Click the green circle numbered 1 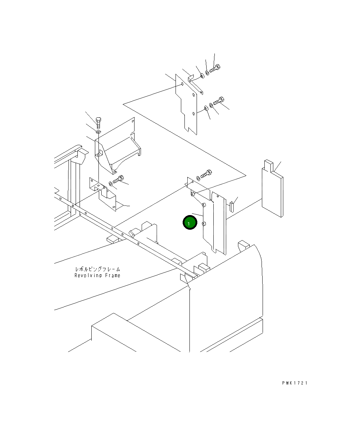coord(189,223)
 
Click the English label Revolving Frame coord(97,275)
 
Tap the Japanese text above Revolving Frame coord(97,269)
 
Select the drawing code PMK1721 coord(294,383)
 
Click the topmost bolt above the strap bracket coord(216,68)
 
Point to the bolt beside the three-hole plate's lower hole coord(219,102)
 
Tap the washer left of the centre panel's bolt coord(198,178)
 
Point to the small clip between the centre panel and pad coord(232,206)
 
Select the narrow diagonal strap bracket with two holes coord(196,85)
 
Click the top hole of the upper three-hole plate coord(182,85)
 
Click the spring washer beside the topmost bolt coord(208,73)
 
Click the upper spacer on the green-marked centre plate coord(204,205)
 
